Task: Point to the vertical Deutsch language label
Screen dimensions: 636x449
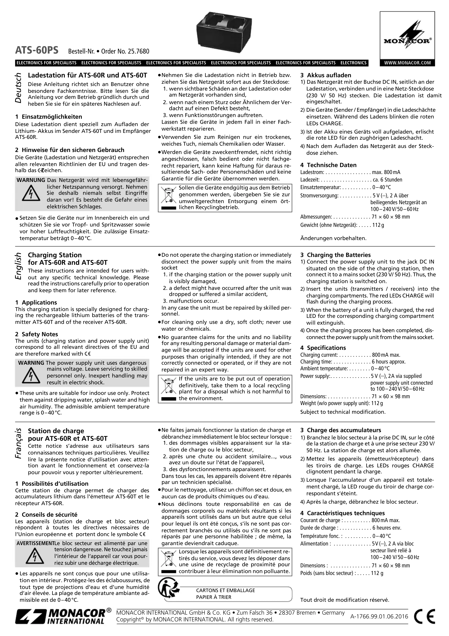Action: point(18,88)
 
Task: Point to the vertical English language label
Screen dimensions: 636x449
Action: point(18,266)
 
